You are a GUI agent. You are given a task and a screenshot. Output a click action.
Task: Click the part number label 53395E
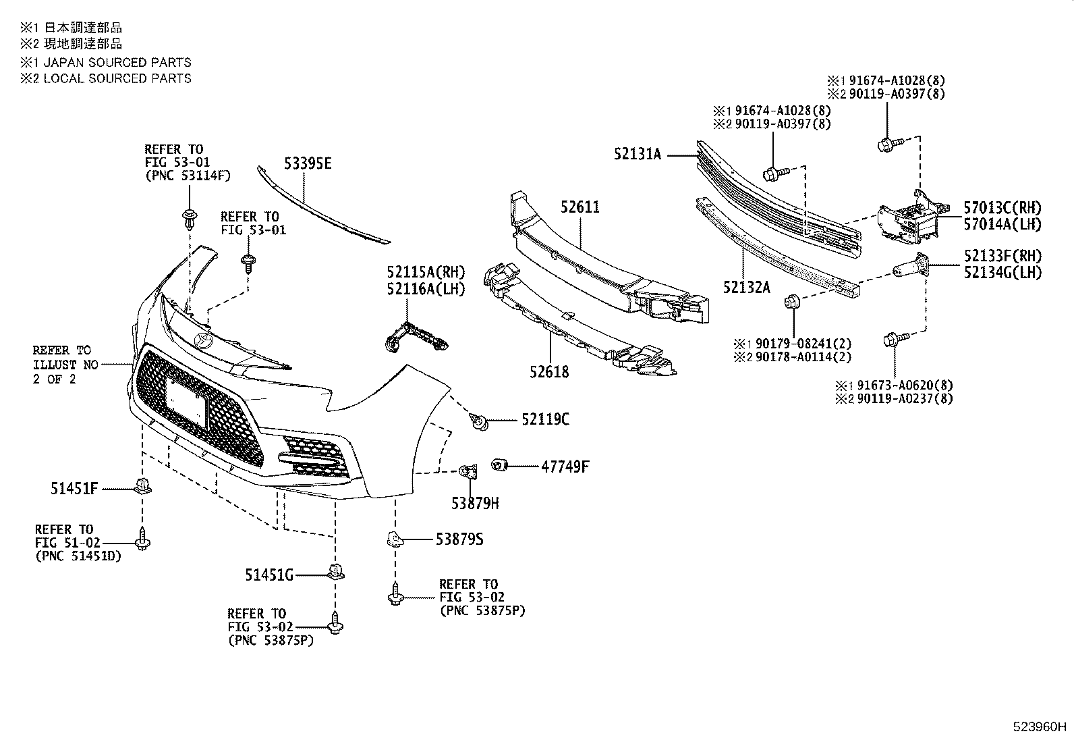coord(308,164)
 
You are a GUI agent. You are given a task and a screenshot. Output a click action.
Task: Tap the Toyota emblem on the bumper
coord(202,340)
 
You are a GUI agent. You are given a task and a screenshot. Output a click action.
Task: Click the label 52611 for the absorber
coord(579,207)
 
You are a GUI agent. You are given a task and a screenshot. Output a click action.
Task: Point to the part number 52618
coord(548,371)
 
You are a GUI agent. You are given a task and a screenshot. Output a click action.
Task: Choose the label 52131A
coord(638,154)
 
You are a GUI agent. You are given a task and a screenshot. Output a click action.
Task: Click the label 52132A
coord(746,287)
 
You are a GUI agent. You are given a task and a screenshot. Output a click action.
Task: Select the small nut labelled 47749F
coord(499,466)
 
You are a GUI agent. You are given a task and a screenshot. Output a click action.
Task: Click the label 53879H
coord(475,503)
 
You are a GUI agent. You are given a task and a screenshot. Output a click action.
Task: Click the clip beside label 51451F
coord(142,485)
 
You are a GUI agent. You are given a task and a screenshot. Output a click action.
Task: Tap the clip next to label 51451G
coord(335,572)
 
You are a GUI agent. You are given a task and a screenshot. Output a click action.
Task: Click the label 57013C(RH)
coord(1002,208)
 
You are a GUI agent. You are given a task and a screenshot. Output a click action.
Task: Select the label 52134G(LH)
coord(1002,273)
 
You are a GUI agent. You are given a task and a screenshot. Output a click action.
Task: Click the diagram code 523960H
coord(1039,728)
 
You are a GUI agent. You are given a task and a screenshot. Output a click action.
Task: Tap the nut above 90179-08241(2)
coord(793,302)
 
